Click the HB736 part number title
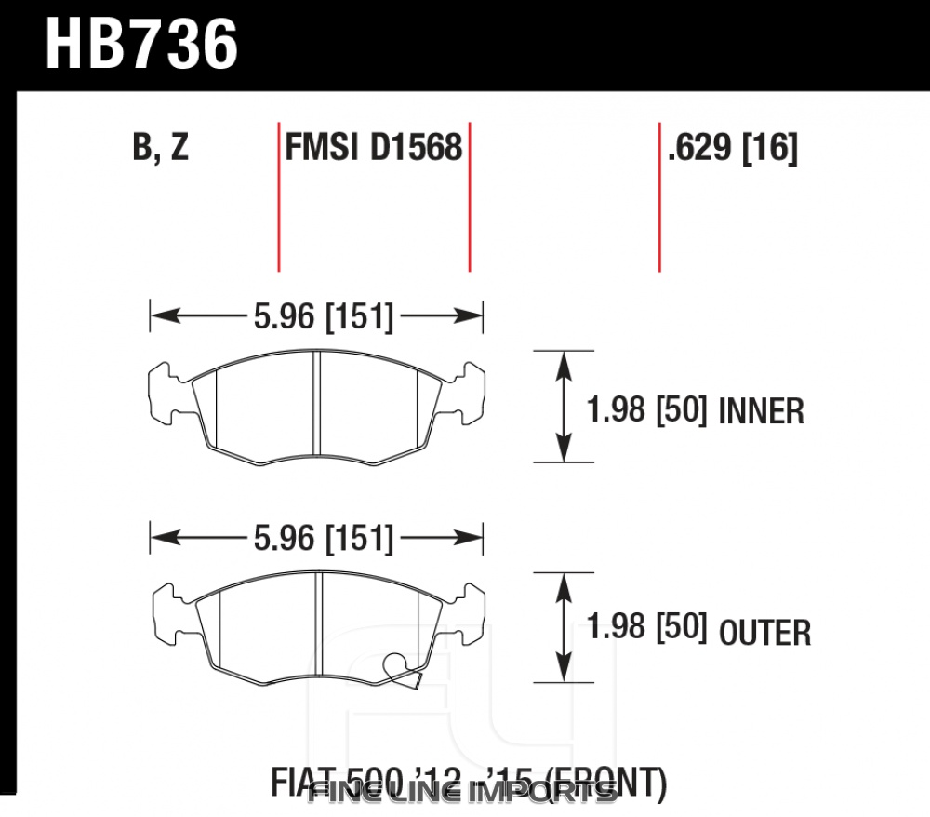coord(142,46)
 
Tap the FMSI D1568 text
coord(374,148)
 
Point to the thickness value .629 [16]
coord(732,148)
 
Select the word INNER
coord(762,410)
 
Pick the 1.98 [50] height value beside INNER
coord(648,409)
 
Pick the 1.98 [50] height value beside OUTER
coord(648,627)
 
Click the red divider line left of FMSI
coord(278,195)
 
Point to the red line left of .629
coord(659,195)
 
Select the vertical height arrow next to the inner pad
coord(563,406)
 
